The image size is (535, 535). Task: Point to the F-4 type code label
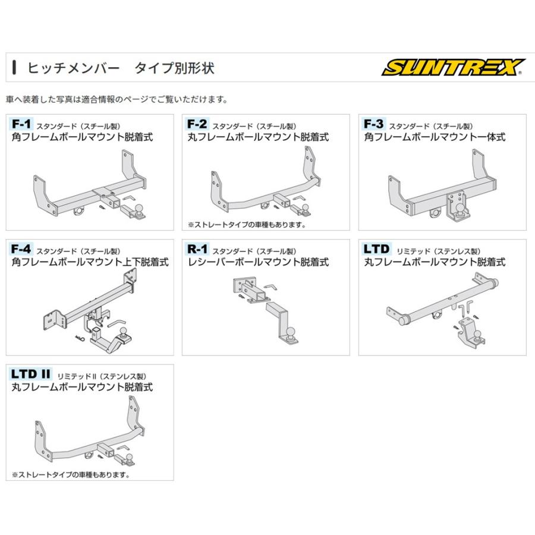click(x=21, y=249)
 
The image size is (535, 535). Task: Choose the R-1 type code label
click(x=197, y=249)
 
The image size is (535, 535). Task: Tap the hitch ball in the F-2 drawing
click(x=306, y=207)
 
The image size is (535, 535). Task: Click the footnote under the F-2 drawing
click(x=246, y=225)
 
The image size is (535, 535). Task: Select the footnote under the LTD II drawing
click(x=71, y=475)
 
